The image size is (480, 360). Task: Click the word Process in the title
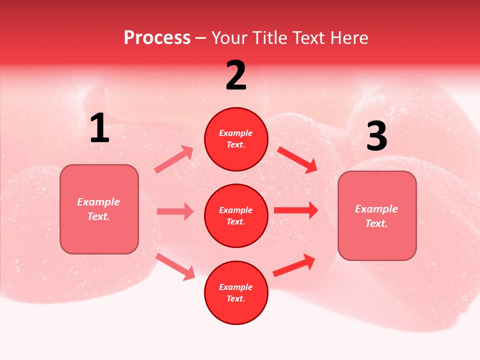coord(157,38)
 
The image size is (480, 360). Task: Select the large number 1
coord(99,128)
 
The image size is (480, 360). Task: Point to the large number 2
coord(236,75)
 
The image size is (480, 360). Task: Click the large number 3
coord(376,136)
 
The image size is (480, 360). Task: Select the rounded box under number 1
coord(99,209)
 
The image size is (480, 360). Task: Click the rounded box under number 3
coord(377,216)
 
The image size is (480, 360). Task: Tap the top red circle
coord(236,139)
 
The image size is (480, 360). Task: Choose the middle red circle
coord(236,215)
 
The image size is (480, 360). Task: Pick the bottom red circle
coord(236,292)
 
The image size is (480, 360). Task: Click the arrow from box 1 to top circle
coord(174,159)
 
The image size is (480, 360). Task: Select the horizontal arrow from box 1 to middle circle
coord(175,211)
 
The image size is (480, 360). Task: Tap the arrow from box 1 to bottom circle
coord(175,266)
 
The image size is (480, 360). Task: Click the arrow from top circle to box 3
coord(297,159)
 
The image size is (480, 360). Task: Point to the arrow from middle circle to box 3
coord(296,210)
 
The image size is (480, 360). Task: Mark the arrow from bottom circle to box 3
coord(294,265)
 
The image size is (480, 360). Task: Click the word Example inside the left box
coord(98,202)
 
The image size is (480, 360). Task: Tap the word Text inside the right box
coord(376,223)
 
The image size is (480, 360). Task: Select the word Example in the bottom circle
coord(236,287)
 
